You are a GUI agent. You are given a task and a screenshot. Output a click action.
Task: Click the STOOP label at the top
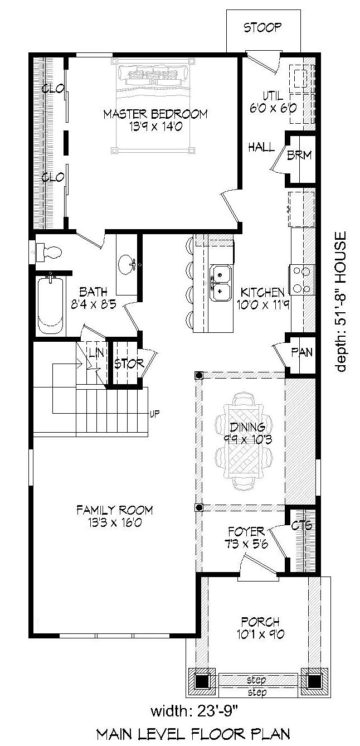click(262, 27)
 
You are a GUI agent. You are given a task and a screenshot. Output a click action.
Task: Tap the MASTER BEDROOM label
click(155, 114)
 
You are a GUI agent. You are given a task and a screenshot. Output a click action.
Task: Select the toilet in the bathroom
click(49, 252)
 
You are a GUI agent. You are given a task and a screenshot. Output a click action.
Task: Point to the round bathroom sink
click(127, 264)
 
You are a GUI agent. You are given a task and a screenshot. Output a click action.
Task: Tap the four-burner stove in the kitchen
click(302, 280)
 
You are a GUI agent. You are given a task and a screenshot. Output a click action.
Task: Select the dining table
click(244, 441)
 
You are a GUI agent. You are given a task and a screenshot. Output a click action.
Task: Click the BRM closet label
click(299, 155)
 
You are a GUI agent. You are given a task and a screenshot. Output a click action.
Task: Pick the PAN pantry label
click(301, 352)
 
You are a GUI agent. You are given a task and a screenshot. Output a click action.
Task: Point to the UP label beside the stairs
click(154, 414)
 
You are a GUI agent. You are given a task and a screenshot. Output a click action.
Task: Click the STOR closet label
click(129, 364)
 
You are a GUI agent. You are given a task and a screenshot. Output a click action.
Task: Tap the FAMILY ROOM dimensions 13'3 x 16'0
click(115, 522)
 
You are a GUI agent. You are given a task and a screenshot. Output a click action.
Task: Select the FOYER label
click(246, 531)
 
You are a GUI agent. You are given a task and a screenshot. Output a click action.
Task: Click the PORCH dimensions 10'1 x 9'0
click(260, 634)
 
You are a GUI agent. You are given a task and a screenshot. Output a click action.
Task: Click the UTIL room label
click(273, 96)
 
